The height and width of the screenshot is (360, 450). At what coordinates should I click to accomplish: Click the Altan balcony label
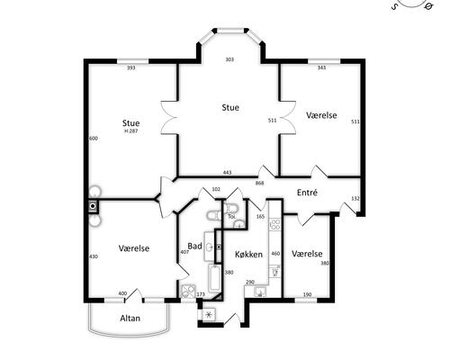click(130, 318)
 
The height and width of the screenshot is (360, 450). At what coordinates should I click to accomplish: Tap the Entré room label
click(307, 193)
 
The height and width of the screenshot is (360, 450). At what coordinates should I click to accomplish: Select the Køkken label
click(248, 255)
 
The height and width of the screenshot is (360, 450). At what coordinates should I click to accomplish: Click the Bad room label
click(194, 246)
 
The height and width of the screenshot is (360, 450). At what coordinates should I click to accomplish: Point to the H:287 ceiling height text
click(131, 131)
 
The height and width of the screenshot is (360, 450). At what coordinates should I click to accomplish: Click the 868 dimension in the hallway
click(260, 183)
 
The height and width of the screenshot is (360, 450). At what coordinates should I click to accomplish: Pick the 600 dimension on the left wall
click(94, 139)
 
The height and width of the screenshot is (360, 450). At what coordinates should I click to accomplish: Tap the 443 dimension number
click(228, 173)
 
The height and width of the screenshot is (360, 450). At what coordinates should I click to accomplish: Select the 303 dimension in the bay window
click(229, 59)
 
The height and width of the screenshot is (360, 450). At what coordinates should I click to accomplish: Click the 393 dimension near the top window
click(131, 67)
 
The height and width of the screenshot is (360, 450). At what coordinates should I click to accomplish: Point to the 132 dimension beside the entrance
click(355, 198)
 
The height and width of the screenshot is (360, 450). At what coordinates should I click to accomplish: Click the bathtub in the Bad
click(214, 278)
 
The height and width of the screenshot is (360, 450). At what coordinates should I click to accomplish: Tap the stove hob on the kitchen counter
click(275, 225)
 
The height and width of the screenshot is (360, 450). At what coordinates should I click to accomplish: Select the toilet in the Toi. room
click(230, 209)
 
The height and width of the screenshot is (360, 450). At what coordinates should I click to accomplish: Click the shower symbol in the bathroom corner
click(188, 292)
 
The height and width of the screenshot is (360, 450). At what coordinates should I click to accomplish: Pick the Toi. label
click(231, 216)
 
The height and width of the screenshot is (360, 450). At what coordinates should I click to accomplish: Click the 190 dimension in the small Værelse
click(307, 294)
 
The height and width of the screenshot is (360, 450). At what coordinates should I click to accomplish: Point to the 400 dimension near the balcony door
click(122, 293)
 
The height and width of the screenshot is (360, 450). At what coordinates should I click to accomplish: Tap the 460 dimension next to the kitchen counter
click(275, 254)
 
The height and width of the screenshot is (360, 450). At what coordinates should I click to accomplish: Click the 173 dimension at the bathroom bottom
click(201, 294)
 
